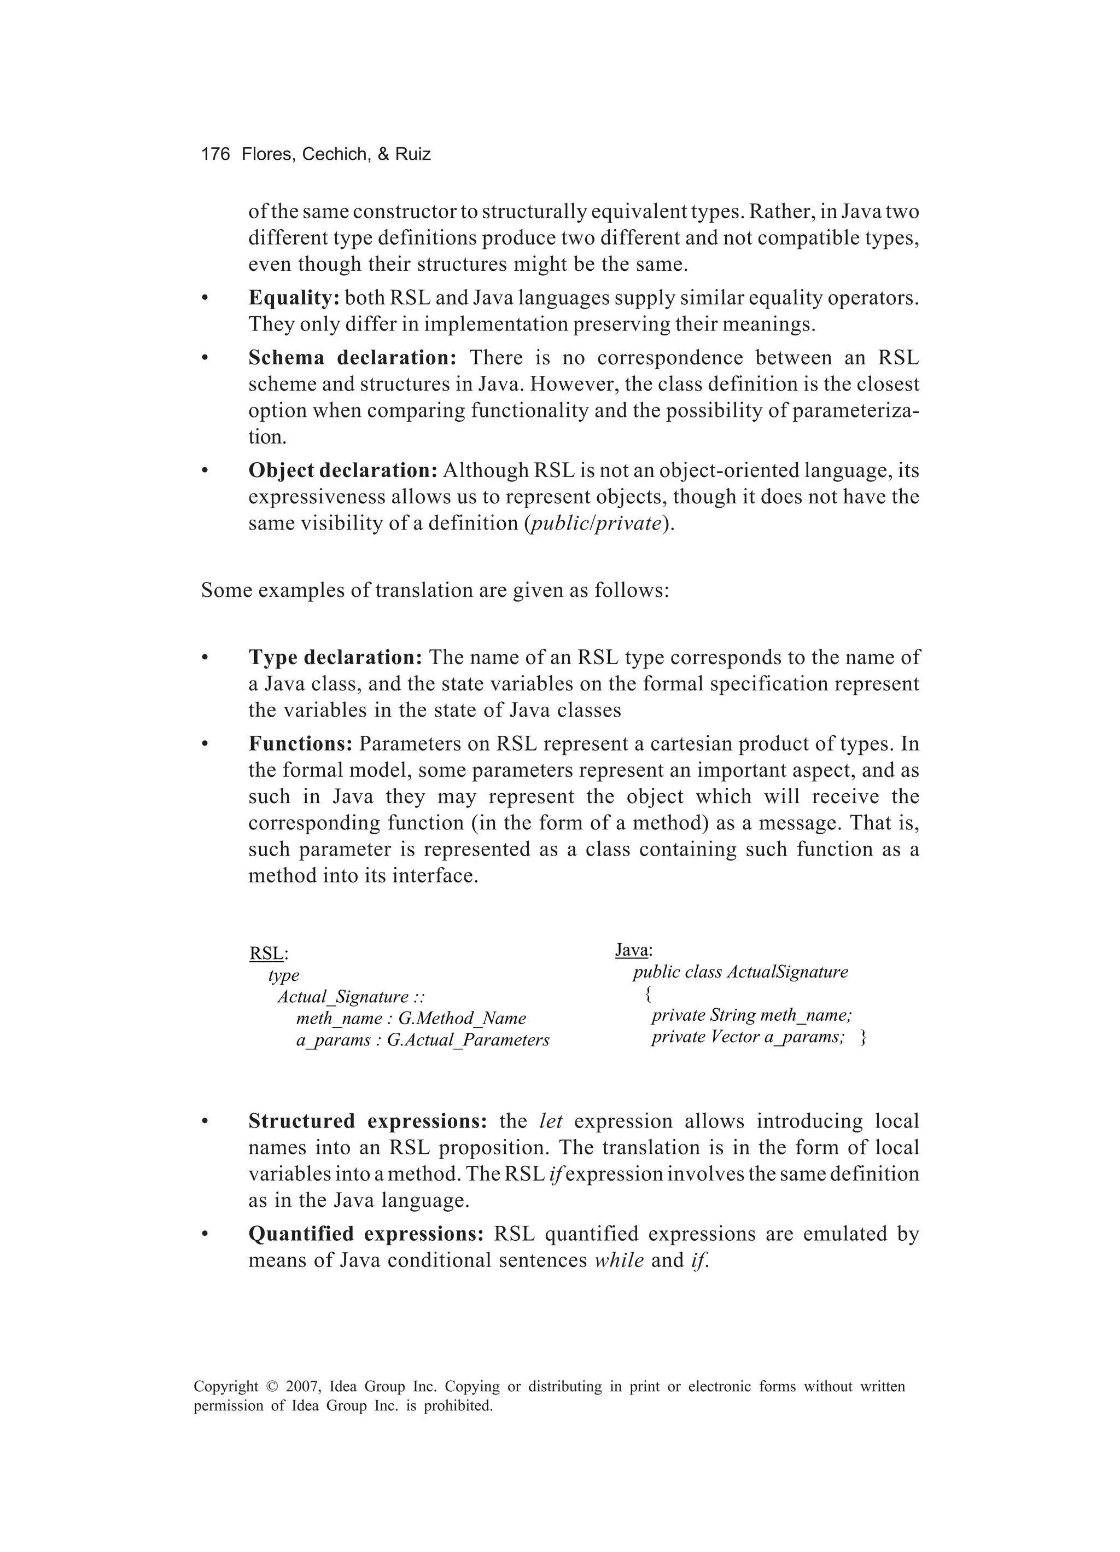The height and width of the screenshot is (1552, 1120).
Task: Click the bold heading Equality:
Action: point(294,298)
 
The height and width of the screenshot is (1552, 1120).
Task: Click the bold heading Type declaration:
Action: point(335,657)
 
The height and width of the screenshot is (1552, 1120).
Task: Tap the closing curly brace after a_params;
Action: point(864,1037)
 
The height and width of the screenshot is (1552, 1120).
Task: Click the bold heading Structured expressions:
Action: point(367,1121)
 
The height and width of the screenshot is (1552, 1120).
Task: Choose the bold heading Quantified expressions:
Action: point(366,1233)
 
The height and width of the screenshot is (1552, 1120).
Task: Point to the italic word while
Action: point(619,1260)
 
